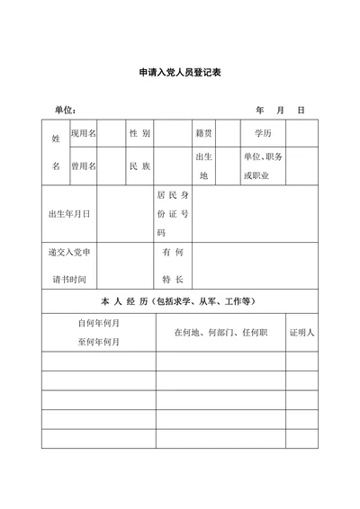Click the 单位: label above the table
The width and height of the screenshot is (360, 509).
65,110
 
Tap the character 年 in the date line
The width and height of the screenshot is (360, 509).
260,110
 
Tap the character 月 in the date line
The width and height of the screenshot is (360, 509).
280,110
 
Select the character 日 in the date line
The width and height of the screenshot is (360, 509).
301,110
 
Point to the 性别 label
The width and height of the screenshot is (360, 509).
139,133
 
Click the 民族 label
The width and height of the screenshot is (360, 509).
139,166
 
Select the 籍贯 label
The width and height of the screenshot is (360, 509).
203,133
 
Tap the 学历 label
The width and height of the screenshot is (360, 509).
263,133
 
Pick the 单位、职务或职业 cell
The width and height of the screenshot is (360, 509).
263,166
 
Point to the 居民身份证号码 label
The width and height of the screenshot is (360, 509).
173,214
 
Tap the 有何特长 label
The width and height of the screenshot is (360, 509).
173,266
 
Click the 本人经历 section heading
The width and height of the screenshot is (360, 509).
180,301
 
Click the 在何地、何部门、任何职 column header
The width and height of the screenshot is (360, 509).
221,332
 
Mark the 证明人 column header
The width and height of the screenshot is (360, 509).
301,332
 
